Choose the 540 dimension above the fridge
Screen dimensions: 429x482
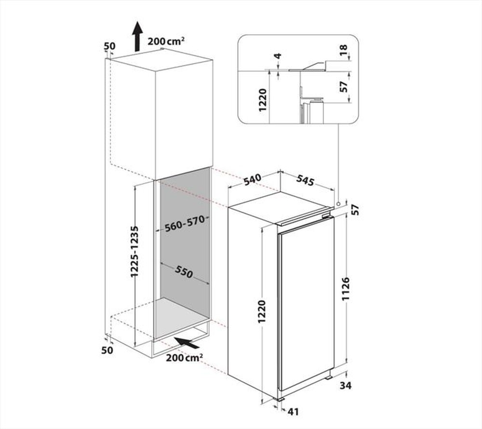point(252,179)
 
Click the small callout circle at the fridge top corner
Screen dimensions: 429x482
point(339,204)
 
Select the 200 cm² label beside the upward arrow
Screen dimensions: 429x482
point(167,42)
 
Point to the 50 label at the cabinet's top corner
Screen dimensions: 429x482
point(109,46)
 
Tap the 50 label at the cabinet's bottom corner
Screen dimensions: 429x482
point(107,350)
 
